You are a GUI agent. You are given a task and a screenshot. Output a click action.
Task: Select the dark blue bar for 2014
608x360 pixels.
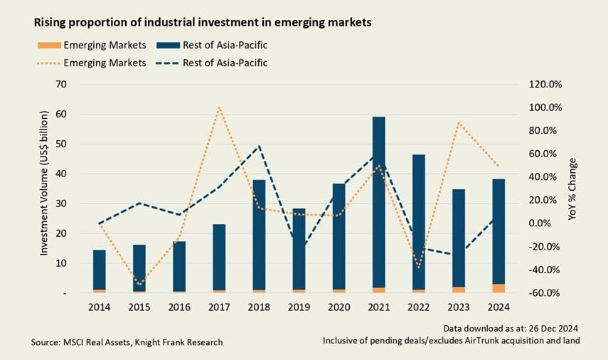pyautogui.click(x=99, y=269)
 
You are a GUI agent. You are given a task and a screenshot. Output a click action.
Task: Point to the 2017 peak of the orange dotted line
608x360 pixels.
pyautogui.click(x=219, y=107)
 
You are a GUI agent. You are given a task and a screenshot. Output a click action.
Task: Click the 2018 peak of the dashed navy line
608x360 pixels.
pyautogui.click(x=260, y=147)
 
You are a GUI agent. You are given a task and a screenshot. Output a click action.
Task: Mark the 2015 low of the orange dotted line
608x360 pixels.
pyautogui.click(x=139, y=284)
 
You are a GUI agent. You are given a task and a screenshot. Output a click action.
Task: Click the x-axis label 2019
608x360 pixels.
pyautogui.click(x=299, y=307)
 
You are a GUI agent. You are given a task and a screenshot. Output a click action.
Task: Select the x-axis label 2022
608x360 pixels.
pyautogui.click(x=419, y=307)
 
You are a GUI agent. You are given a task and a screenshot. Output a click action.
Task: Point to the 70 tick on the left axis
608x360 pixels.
pyautogui.click(x=61, y=85)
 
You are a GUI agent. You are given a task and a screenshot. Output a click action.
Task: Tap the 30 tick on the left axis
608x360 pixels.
pyautogui.click(x=61, y=203)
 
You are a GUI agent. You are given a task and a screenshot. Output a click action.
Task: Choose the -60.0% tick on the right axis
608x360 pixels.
pyautogui.click(x=546, y=293)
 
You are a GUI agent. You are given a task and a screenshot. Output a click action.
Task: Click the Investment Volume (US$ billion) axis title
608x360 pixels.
pyautogui.click(x=44, y=189)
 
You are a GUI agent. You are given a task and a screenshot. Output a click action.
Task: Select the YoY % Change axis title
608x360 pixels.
pyautogui.click(x=573, y=189)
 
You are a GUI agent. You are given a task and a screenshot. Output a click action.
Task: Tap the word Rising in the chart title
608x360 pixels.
pyautogui.click(x=50, y=23)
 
